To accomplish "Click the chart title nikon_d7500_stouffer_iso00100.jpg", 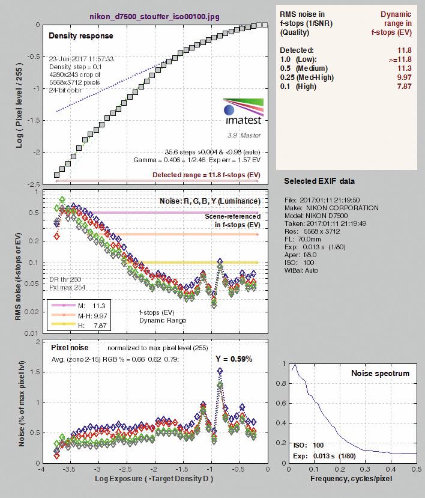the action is (x=155, y=16).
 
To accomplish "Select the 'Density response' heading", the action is (x=81, y=35).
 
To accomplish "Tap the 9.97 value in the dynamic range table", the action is (x=404, y=77).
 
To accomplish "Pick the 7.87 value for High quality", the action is (x=404, y=86).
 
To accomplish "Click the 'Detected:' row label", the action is (x=297, y=50).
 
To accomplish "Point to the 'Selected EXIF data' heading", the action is (x=319, y=181).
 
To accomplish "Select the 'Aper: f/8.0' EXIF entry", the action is (x=301, y=255).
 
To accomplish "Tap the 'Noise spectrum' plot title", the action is (x=380, y=373).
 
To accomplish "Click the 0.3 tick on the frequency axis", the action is (x=366, y=469).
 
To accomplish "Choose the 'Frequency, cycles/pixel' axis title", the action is (x=351, y=479).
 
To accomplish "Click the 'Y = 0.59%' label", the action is (x=234, y=359).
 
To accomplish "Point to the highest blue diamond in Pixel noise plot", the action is (x=220, y=371).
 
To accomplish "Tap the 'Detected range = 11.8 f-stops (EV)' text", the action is (x=206, y=175).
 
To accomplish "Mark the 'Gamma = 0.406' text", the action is (x=154, y=160).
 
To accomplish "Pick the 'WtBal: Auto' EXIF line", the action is (x=301, y=270).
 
